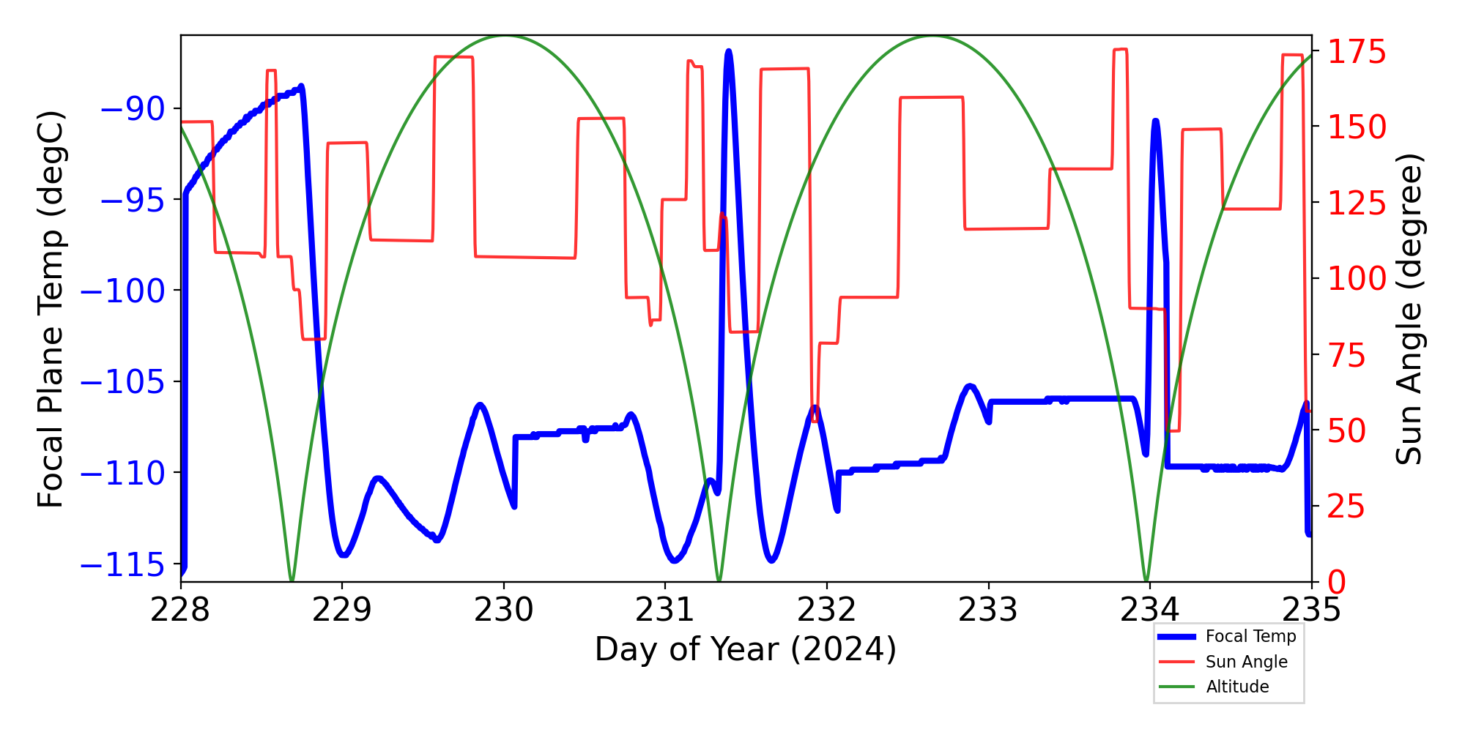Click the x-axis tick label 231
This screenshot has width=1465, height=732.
(x=665, y=609)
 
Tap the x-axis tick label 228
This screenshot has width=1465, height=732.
(x=180, y=609)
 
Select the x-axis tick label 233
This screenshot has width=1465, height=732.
(x=988, y=609)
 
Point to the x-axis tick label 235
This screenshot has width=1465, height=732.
(x=1311, y=609)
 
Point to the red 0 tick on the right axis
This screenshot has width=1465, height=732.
(x=1338, y=582)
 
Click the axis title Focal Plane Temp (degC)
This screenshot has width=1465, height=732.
(x=51, y=309)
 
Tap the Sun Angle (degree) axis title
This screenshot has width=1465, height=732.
(x=1408, y=309)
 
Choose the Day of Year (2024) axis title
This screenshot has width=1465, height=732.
(x=746, y=649)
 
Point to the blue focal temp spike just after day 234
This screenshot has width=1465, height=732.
(x=1155, y=121)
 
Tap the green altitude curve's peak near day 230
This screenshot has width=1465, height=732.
(x=505, y=36)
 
